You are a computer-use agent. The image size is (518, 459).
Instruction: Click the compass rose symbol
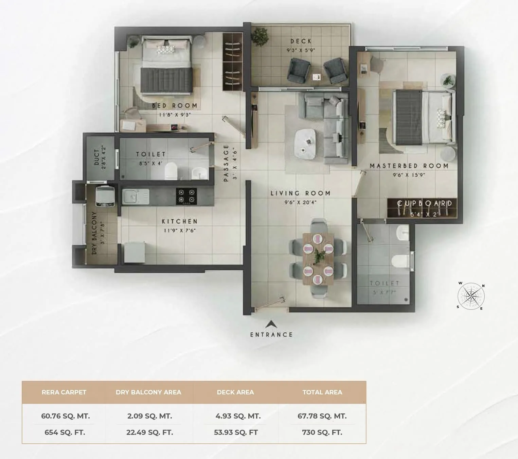(x=471, y=296)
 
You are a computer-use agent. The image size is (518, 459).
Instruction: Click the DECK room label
(x=301, y=41)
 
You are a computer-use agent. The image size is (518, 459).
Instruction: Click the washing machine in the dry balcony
(x=105, y=197)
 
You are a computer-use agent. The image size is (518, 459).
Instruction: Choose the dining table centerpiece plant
(x=318, y=255)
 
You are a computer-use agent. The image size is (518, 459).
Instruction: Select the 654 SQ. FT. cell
(x=65, y=432)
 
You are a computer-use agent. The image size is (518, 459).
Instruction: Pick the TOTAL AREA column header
(x=322, y=392)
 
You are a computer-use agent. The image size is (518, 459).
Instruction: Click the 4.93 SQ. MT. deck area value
(x=238, y=416)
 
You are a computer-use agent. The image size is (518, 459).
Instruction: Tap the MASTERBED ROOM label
(x=409, y=166)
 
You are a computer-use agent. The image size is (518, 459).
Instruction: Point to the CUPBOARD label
(x=425, y=203)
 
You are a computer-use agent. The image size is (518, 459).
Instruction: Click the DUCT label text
(x=96, y=157)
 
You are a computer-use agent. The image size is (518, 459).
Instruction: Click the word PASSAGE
(x=226, y=163)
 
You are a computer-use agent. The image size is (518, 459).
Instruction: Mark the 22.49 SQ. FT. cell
(x=149, y=432)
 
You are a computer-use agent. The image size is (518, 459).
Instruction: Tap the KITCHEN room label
(x=179, y=221)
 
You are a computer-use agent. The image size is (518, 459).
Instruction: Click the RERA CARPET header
(x=64, y=392)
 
